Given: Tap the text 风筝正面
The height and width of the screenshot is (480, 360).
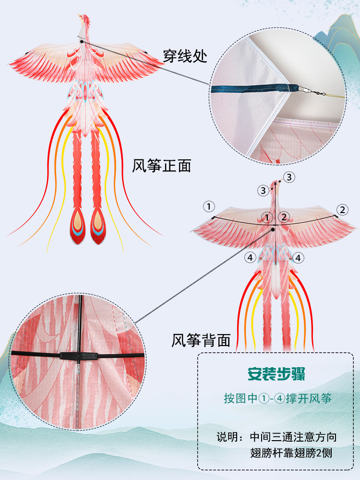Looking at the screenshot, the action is click(162, 166).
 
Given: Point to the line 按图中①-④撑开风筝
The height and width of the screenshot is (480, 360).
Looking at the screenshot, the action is click(277, 398).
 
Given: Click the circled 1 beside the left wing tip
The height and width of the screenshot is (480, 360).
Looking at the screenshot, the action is click(208, 206).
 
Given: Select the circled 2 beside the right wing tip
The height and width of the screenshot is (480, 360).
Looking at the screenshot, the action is click(342, 209).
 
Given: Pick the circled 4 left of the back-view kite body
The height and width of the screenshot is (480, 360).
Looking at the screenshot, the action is click(250, 258).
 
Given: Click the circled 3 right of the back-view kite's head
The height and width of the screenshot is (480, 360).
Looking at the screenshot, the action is click(288, 177).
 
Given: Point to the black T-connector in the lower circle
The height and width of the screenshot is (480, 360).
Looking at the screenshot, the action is click(80, 357).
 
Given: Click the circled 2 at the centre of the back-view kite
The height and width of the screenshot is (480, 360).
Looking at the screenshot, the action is click(284, 217).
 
